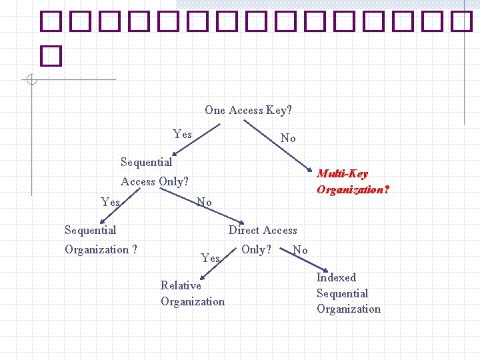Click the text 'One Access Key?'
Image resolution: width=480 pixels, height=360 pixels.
tap(248, 110)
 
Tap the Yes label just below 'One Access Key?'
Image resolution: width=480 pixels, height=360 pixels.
tap(182, 134)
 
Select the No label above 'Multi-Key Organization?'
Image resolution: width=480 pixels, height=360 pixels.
tap(288, 138)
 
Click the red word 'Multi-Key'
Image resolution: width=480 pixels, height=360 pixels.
tap(342, 174)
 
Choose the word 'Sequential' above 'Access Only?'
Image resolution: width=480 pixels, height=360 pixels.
tap(146, 162)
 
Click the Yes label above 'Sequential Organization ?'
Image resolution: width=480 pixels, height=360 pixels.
tap(110, 202)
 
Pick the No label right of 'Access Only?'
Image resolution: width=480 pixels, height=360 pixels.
tap(204, 202)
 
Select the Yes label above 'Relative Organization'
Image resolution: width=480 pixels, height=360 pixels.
tap(210, 257)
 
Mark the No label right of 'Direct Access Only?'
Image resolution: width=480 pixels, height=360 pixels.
tap(300, 250)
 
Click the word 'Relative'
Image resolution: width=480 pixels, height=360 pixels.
tap(181, 285)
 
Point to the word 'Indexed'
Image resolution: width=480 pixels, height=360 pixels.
tap(336, 277)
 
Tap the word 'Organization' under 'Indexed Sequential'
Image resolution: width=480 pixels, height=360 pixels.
tap(349, 309)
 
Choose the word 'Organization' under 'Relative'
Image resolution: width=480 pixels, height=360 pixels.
tap(193, 301)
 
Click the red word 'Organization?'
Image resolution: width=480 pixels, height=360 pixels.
tap(353, 189)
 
